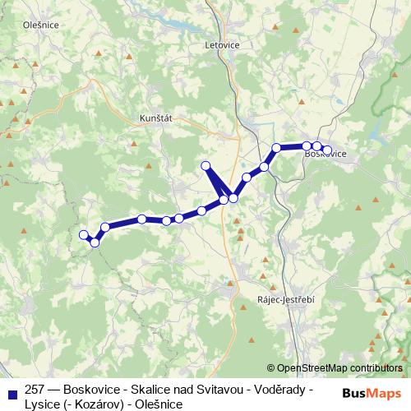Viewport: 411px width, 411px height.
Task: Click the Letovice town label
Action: [223, 46]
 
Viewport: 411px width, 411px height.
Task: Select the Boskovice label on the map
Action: [325, 154]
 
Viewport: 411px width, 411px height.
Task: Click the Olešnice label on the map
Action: [18, 25]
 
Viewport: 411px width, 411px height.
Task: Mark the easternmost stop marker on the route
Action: [327, 150]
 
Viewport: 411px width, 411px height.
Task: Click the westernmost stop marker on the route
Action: [83, 235]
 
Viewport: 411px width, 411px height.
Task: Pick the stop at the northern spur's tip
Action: [206, 167]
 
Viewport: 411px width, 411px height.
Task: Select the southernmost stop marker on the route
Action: [95, 242]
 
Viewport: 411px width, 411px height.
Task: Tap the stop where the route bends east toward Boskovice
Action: [277, 148]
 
